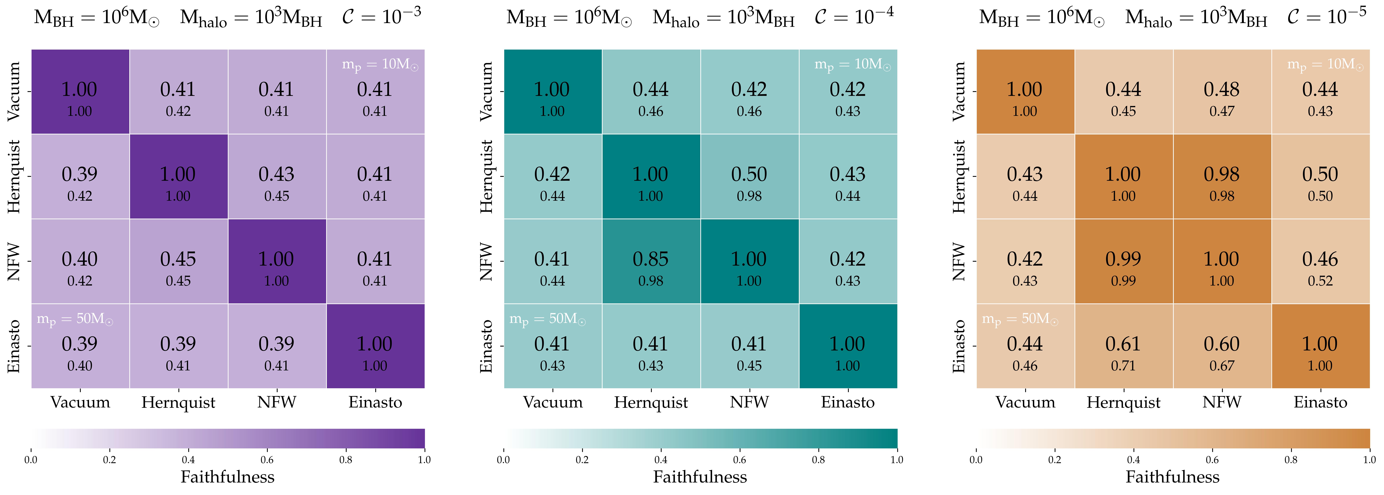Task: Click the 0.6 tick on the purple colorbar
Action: (267, 460)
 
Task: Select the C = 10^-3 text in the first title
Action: (381, 16)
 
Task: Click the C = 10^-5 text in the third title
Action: (1327, 16)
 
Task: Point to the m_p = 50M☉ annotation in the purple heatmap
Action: (75, 319)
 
